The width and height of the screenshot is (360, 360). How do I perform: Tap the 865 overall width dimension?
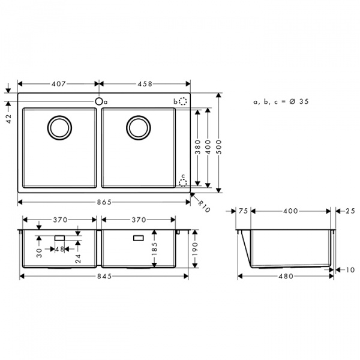coord(104,203)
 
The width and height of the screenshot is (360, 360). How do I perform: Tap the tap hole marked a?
coord(98,101)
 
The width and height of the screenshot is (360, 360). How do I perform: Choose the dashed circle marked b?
coord(184,102)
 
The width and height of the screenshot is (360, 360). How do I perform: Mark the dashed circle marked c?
coord(184,182)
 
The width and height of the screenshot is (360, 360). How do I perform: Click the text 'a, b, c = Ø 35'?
coord(280,102)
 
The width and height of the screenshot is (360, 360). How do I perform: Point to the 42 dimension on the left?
coord(9,110)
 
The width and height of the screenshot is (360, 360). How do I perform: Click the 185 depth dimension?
coord(154,247)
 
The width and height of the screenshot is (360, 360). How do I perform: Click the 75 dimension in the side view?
coord(243,211)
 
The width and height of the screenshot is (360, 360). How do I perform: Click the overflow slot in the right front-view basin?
coord(137,238)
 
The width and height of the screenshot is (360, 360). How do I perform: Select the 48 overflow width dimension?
coord(59,249)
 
